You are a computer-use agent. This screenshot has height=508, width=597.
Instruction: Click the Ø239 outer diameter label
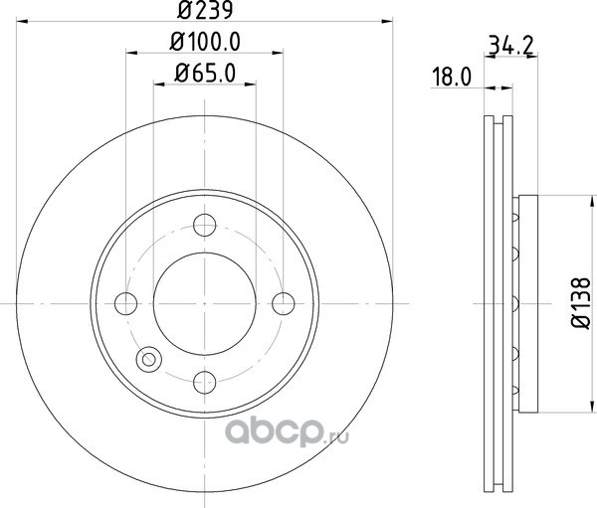pyautogui.click(x=205, y=10)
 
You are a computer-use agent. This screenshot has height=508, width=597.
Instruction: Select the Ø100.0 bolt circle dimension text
pyautogui.click(x=205, y=42)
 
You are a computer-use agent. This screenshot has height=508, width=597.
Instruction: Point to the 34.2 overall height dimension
pyautogui.click(x=511, y=45)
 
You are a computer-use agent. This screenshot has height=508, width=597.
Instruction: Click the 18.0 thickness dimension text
pyautogui.click(x=452, y=77)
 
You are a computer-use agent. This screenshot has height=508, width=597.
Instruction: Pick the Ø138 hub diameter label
pyautogui.click(x=581, y=303)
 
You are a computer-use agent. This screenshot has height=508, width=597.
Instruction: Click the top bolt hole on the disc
pyautogui.click(x=205, y=225)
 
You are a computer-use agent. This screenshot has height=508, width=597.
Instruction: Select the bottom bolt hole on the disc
pyautogui.click(x=205, y=382)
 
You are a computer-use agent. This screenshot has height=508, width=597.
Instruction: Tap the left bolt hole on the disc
pyautogui.click(x=125, y=303)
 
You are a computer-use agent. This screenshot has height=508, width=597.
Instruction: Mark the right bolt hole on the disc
pyautogui.click(x=284, y=303)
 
